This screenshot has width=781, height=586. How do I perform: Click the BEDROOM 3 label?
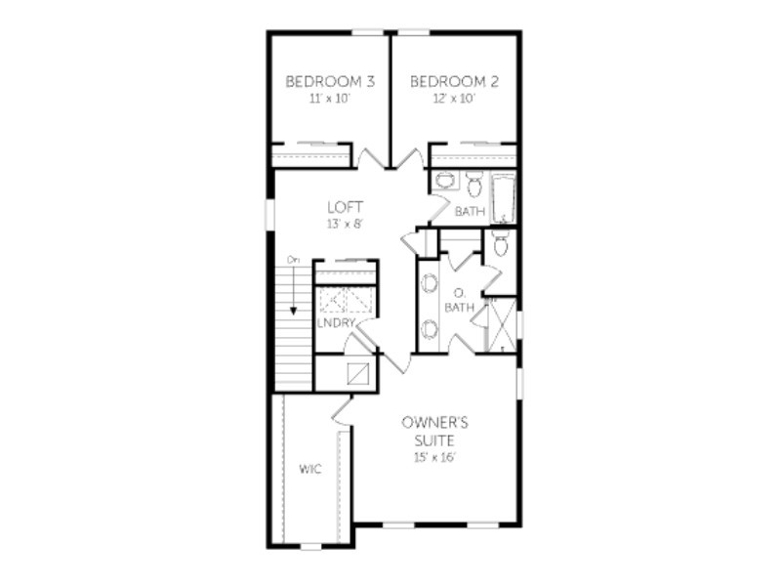[330, 81]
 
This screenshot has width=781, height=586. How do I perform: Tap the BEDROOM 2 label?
[454, 81]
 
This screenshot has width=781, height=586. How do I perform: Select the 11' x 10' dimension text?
[330, 99]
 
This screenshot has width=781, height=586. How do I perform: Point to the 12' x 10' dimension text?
[454, 99]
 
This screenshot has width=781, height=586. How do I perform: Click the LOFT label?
[346, 207]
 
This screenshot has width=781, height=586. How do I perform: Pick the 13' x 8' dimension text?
[345, 225]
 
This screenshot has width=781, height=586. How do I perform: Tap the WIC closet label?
[309, 469]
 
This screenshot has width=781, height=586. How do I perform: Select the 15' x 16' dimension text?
[434, 457]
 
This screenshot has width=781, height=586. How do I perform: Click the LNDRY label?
[336, 323]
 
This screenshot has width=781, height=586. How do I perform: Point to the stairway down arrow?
[294, 290]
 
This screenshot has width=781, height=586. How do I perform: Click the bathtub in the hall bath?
[504, 198]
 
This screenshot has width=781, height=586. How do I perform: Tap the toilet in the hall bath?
[474, 183]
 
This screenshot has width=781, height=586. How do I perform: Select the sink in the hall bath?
[445, 180]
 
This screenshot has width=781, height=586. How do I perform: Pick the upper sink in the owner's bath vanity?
[429, 283]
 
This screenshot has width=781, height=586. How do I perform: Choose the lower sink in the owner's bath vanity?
[429, 329]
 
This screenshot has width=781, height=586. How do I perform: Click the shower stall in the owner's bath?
[501, 325]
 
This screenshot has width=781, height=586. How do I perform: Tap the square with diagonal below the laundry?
[358, 374]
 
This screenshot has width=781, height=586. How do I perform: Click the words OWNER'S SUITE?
[434, 432]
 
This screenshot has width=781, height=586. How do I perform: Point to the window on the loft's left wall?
[269, 214]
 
